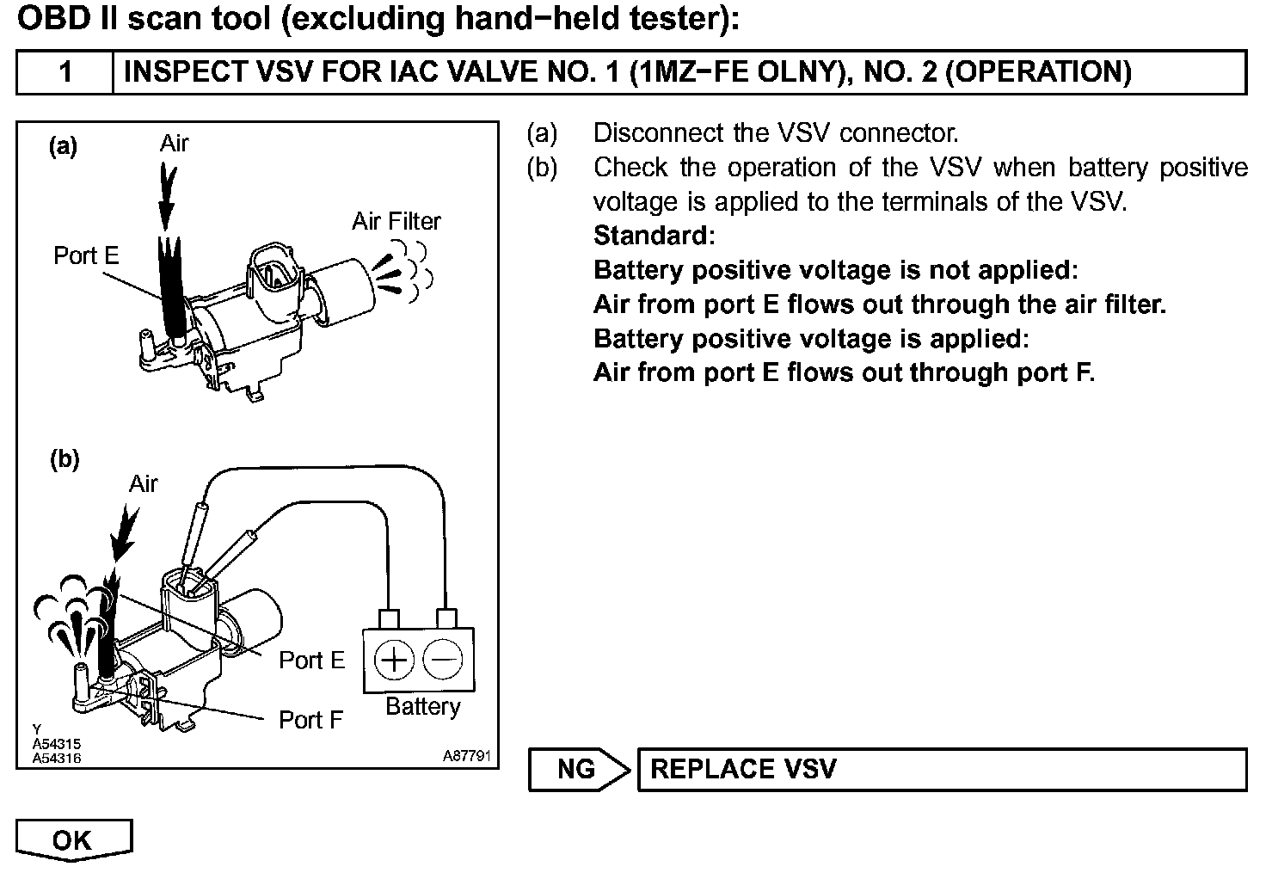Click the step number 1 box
point(65,72)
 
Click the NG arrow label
point(575,768)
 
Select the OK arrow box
point(72,839)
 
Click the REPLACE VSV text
point(743,768)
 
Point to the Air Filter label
point(396,222)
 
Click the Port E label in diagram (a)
point(86,255)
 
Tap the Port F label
point(311,720)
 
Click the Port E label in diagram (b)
point(311,661)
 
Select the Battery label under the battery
point(422,707)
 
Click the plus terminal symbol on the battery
point(395,661)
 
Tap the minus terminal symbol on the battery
point(444,661)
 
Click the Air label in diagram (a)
point(174,144)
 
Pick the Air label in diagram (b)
point(144,484)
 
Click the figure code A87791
point(467,756)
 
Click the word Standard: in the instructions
point(654,236)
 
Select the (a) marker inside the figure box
point(63,146)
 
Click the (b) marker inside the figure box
point(64,460)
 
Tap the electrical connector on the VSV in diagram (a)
point(274,274)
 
